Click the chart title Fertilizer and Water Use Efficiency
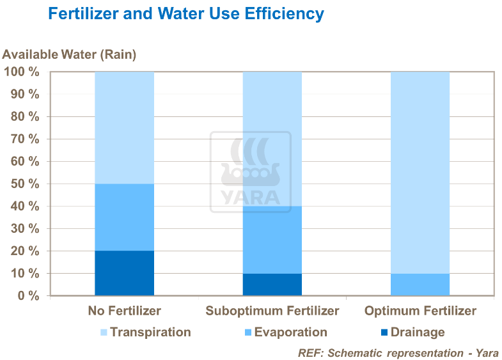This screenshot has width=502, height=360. (x=186, y=13)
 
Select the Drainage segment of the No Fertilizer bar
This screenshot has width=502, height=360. (x=124, y=273)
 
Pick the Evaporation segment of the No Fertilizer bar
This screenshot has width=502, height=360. (x=124, y=217)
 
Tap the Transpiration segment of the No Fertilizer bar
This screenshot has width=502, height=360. (x=124, y=128)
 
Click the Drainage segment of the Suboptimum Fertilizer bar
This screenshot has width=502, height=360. (x=272, y=285)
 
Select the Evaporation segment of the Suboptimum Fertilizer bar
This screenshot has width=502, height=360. (x=272, y=240)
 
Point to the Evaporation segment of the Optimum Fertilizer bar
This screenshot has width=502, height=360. (x=420, y=285)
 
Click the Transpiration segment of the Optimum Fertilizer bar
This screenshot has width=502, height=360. (x=420, y=173)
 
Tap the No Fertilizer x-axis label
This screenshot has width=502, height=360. (x=124, y=311)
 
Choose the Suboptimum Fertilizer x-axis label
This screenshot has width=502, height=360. (x=272, y=311)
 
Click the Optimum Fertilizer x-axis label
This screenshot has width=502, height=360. (x=420, y=311)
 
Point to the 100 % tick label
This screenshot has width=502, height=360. (x=21, y=72)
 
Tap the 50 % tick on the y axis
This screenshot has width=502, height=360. (x=24, y=184)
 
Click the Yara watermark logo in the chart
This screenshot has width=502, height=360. (x=251, y=172)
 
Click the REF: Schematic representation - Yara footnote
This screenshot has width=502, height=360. (x=398, y=352)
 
